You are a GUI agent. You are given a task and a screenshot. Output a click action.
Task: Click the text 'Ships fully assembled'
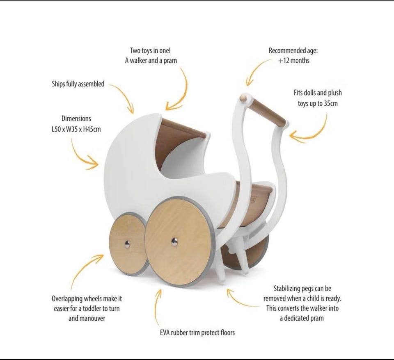78,84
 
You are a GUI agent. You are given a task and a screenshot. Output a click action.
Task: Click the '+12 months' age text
293,60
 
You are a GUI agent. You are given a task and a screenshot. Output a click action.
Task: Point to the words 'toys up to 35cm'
318,103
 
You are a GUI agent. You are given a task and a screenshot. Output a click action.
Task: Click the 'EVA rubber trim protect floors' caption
197,332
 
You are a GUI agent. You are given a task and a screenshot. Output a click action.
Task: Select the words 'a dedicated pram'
301,318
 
